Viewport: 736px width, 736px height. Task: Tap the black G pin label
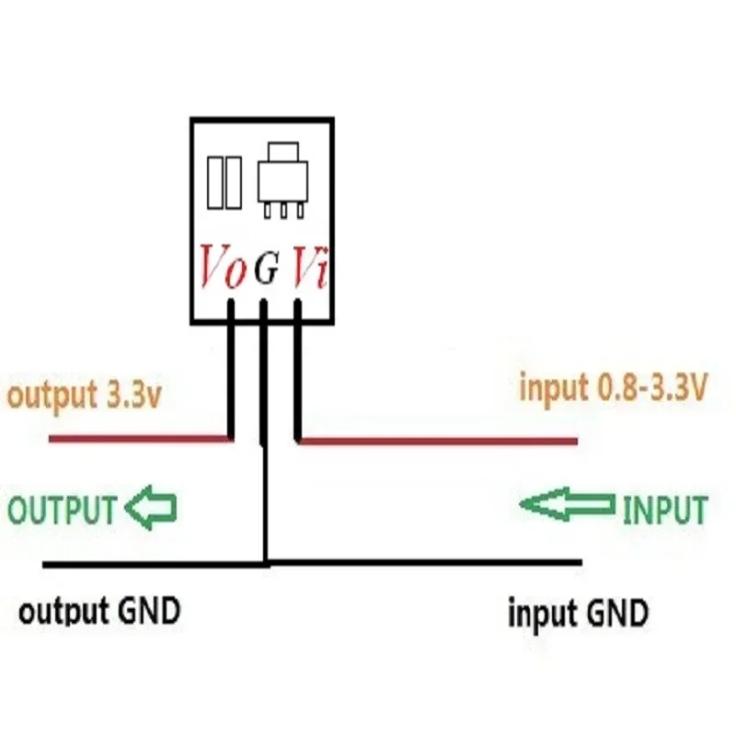pyautogui.click(x=265, y=270)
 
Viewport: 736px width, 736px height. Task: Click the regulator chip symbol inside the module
pyautogui.click(x=279, y=180)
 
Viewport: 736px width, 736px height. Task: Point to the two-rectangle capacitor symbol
pyautogui.click(x=224, y=182)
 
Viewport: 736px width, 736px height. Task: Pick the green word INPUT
pyautogui.click(x=665, y=510)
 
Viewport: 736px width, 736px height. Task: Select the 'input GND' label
pyautogui.click(x=578, y=612)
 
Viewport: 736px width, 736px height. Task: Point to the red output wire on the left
pyautogui.click(x=138, y=440)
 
